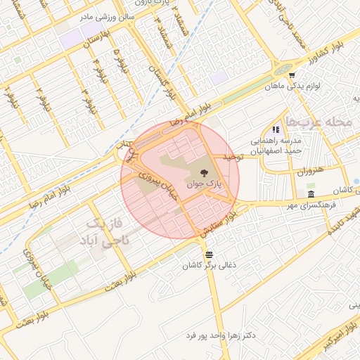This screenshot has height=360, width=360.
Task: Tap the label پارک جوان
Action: pos(204,184)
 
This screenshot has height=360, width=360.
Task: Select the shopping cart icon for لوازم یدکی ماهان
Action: pos(291,75)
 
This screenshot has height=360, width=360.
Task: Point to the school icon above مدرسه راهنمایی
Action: pos(276,129)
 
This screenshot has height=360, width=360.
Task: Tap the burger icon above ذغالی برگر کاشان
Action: pos(208,255)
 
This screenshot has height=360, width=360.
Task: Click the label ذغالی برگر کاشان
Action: pos(207,266)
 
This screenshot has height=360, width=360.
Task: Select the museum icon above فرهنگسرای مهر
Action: pos(311,194)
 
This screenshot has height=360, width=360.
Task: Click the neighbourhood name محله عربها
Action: pos(324,121)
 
